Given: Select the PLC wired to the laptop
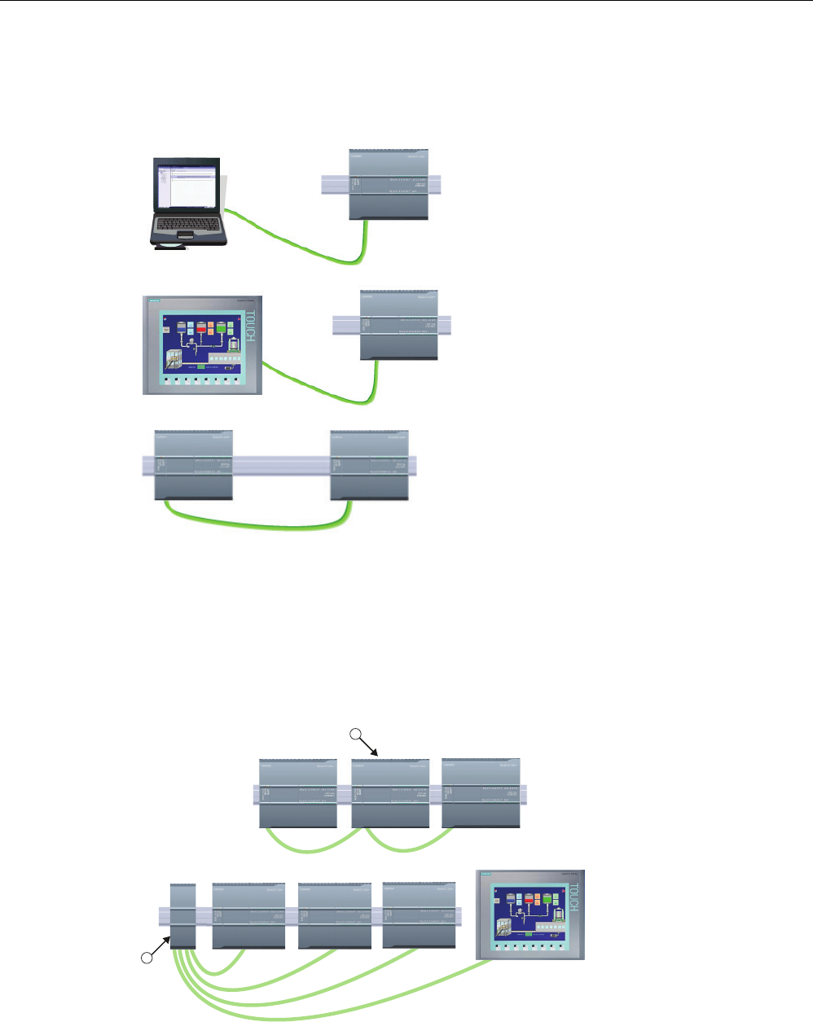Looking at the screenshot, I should (x=389, y=185).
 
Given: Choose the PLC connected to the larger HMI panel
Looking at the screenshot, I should (x=399, y=325).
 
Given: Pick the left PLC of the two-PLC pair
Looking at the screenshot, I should (x=194, y=464).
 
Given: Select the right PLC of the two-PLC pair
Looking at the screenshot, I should (x=369, y=464).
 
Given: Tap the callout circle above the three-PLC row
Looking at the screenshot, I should (x=355, y=735).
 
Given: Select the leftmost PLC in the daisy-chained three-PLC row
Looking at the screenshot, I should (x=298, y=793).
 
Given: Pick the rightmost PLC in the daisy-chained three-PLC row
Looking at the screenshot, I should (x=481, y=793).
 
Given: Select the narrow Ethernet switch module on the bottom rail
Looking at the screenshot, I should (x=182, y=915).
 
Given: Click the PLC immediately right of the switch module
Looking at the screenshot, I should (x=248, y=915).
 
